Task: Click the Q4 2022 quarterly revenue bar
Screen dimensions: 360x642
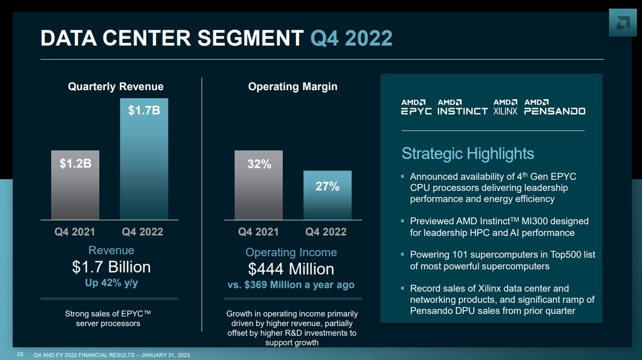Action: pos(144,159)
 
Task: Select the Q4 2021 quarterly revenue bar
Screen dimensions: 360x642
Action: pos(75,185)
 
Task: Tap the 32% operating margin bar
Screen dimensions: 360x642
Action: pos(258,185)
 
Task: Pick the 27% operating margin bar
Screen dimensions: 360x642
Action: pos(327,195)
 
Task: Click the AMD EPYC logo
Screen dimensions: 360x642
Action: pos(416,107)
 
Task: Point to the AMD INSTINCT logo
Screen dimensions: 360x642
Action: pos(462,107)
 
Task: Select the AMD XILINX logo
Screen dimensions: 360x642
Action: pos(505,107)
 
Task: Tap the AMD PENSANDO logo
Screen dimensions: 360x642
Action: pos(554,107)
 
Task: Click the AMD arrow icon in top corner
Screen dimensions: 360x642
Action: pos(622,22)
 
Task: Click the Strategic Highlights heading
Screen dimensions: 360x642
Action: pos(468,153)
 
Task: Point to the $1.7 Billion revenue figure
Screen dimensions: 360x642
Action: pos(111,267)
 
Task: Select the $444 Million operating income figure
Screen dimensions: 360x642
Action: pos(291,269)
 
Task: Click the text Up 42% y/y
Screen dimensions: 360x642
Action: pos(111,283)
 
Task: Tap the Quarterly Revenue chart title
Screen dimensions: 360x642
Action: pos(116,87)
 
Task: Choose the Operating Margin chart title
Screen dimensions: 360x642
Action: pos(292,87)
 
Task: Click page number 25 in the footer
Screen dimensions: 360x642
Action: pos(20,354)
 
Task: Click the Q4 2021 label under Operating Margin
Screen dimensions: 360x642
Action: pos(258,232)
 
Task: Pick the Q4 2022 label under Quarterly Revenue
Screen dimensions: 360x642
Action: pos(142,232)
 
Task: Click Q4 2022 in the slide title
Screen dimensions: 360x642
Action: pos(351,38)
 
